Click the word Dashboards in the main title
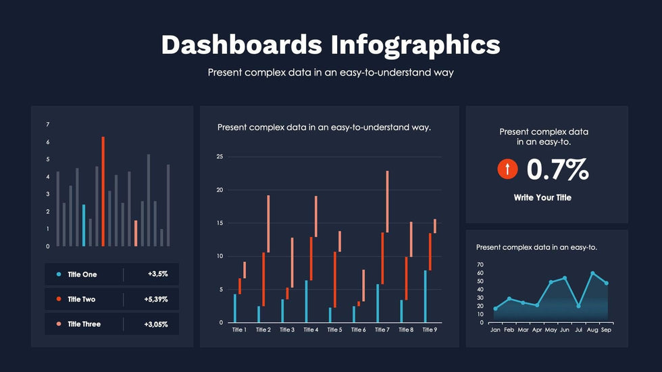click(241, 45)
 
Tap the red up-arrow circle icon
click(507, 169)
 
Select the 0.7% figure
click(557, 169)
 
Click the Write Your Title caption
click(542, 198)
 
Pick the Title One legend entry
click(82, 274)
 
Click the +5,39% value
click(157, 299)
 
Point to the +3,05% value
click(157, 324)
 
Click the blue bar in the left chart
click(84, 225)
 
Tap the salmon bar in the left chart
click(136, 233)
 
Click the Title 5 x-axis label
click(334, 330)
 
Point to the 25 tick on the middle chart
click(220, 157)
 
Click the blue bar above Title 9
click(425, 296)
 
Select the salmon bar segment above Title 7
click(387, 201)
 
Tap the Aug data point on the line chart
click(592, 273)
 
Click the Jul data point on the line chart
click(578, 306)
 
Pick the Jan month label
click(495, 331)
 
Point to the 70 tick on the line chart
click(480, 265)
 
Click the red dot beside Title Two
click(59, 299)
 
